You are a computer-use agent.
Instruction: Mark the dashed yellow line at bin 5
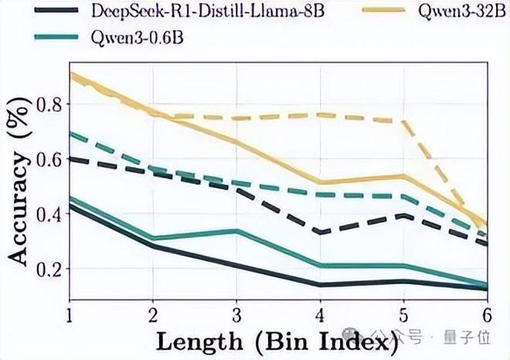pos(403,121)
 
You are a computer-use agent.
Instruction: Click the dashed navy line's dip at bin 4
pos(320,232)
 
